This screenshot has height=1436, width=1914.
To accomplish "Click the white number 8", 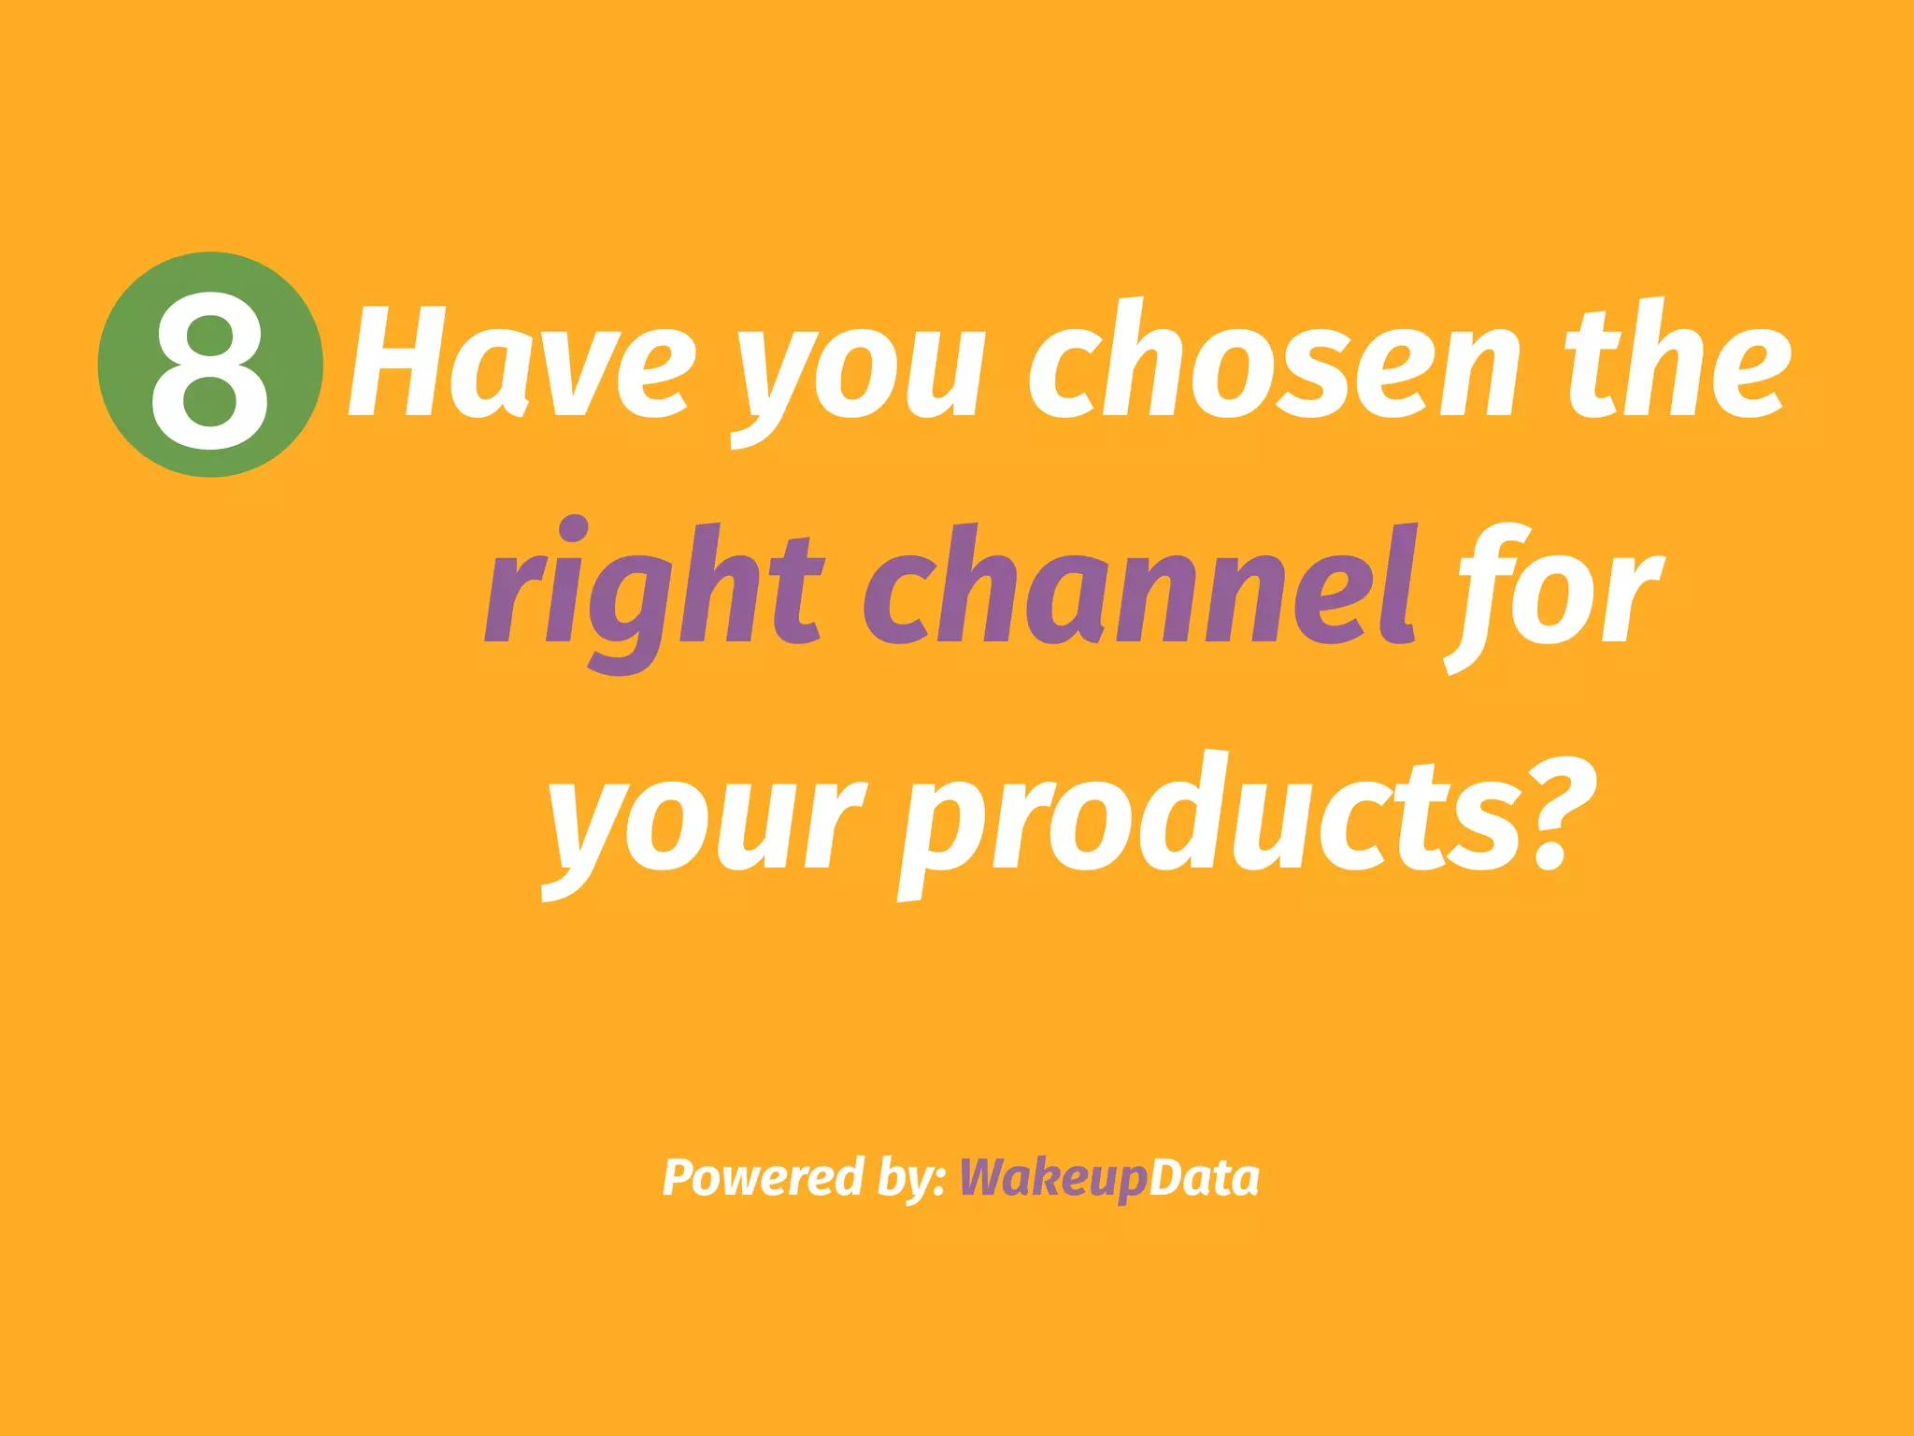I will click(x=210, y=368).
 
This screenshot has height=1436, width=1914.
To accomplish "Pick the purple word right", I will click(x=654, y=593).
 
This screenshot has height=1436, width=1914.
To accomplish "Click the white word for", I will click(x=1555, y=593).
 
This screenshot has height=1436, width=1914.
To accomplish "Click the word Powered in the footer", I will click(x=763, y=1177).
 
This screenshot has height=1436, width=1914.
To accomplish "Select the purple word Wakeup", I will click(x=1052, y=1178).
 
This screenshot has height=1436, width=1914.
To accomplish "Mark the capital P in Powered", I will click(x=679, y=1177).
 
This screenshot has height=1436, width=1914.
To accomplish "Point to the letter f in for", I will click(x=1481, y=595).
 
